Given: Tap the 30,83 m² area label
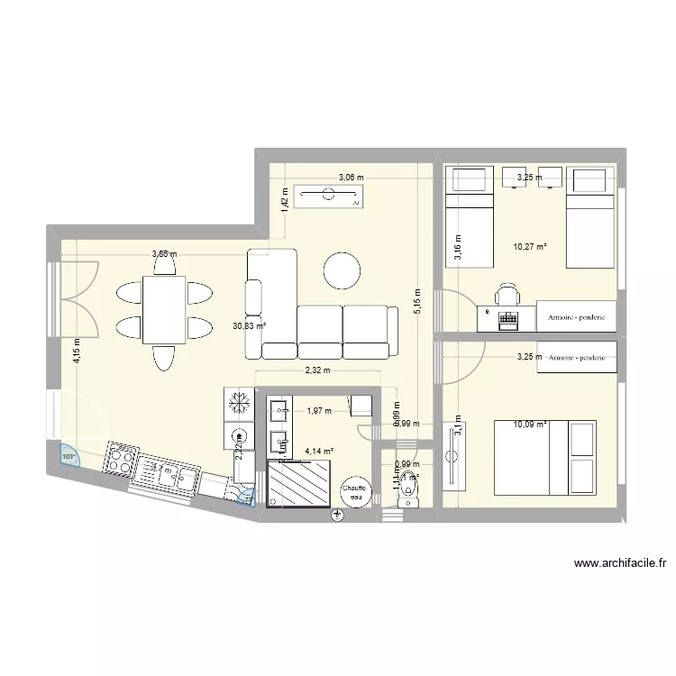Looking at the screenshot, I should [x=249, y=326].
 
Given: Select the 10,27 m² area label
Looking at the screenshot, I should [x=531, y=246].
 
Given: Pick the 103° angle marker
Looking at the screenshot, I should [x=69, y=457].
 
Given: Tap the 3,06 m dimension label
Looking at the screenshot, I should [x=351, y=178].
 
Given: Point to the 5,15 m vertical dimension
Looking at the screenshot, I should [x=417, y=300].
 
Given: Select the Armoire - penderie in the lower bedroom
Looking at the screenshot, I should [x=576, y=358].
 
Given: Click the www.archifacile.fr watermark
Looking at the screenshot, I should [x=620, y=564].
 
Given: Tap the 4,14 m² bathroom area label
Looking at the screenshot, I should [x=318, y=452].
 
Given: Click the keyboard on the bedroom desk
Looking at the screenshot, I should [x=508, y=317].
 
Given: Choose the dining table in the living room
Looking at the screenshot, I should [x=164, y=310].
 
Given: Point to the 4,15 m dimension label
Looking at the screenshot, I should [x=78, y=349].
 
